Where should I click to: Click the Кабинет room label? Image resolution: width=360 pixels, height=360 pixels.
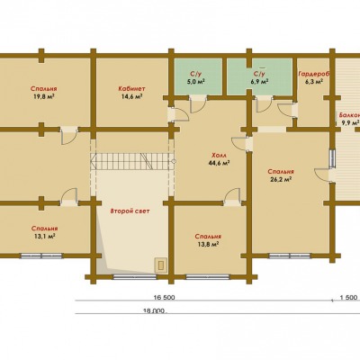point(131,89)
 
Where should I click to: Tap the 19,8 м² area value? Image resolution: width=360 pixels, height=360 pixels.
point(44,96)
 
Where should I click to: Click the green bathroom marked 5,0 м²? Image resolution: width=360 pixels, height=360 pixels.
point(198,76)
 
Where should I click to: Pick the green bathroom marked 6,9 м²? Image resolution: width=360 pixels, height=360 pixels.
point(259,76)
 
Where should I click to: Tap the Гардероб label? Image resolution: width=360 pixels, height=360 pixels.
point(314,74)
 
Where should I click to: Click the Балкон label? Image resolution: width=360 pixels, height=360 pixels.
point(349,115)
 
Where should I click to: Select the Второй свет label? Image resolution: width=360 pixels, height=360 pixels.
point(130,211)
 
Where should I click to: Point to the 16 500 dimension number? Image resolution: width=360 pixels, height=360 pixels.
point(164,298)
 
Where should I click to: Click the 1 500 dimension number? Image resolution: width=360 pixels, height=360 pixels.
point(348,298)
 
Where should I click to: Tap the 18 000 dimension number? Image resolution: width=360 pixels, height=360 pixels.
point(155,311)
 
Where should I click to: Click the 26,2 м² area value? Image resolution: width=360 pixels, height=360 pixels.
point(281,180)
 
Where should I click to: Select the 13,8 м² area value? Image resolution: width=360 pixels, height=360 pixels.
point(208,244)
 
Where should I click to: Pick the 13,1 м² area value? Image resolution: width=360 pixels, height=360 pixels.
point(44,236)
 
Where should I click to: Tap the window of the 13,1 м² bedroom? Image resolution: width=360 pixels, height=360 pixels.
point(41,256)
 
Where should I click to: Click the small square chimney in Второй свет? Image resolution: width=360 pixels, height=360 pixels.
point(161,265)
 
